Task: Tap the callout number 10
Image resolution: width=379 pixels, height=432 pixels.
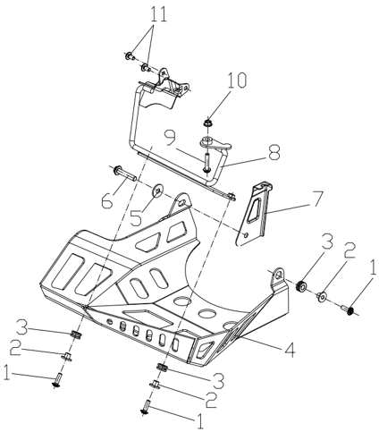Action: [x=237, y=80]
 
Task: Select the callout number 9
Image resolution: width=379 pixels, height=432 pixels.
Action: [x=171, y=138]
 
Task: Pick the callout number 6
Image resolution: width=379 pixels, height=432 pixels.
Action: [x=107, y=200]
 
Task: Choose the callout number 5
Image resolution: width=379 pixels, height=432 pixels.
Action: [x=136, y=217]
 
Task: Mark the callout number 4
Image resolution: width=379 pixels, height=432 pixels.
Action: [x=289, y=350]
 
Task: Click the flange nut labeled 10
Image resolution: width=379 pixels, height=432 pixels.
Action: [x=207, y=123]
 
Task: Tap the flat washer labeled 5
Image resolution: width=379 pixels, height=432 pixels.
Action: [x=157, y=191]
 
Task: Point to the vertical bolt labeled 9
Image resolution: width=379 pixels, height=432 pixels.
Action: [x=206, y=162]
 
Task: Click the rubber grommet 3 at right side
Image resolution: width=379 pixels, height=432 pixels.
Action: [x=302, y=286]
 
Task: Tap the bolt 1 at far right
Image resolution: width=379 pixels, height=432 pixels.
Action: [x=349, y=309]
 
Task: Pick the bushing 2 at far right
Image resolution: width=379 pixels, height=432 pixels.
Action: [x=322, y=297]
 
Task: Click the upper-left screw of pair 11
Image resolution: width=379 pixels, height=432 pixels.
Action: [x=130, y=55]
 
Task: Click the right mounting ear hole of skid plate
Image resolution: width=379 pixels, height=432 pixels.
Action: [x=279, y=275]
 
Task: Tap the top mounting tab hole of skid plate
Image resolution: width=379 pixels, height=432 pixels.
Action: [x=181, y=203]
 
